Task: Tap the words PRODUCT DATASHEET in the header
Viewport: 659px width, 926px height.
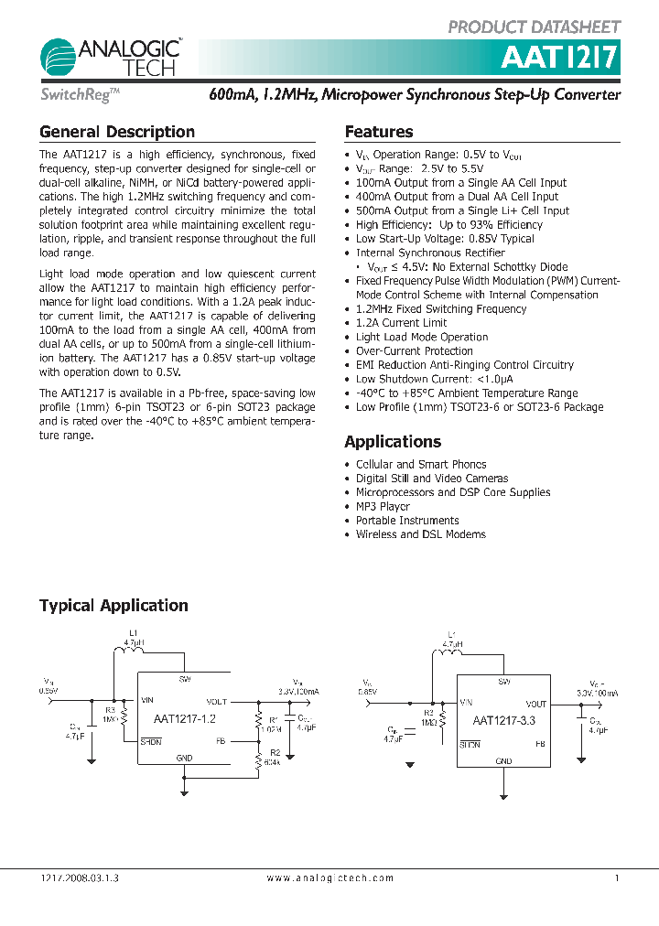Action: [535, 27]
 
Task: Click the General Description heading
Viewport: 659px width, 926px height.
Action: [117, 132]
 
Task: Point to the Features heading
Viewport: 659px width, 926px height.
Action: [379, 132]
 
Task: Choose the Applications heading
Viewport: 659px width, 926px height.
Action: [393, 441]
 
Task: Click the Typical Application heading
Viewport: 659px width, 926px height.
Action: [113, 605]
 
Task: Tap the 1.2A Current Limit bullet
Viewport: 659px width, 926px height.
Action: [401, 323]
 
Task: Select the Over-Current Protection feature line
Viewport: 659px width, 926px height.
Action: [415, 350]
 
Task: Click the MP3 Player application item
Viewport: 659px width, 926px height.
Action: [383, 506]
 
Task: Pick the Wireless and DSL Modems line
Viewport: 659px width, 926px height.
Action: [421, 534]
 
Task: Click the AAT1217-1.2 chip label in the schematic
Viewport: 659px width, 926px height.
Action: [185, 718]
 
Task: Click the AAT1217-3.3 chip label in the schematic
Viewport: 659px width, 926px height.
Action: [504, 721]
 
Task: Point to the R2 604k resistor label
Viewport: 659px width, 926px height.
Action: [272, 760]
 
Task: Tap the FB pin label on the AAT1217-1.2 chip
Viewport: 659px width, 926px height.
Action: [220, 740]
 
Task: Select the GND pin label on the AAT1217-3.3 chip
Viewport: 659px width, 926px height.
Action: [503, 761]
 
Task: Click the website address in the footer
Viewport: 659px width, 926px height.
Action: [330, 878]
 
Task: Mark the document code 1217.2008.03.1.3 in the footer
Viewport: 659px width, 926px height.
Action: [81, 878]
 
